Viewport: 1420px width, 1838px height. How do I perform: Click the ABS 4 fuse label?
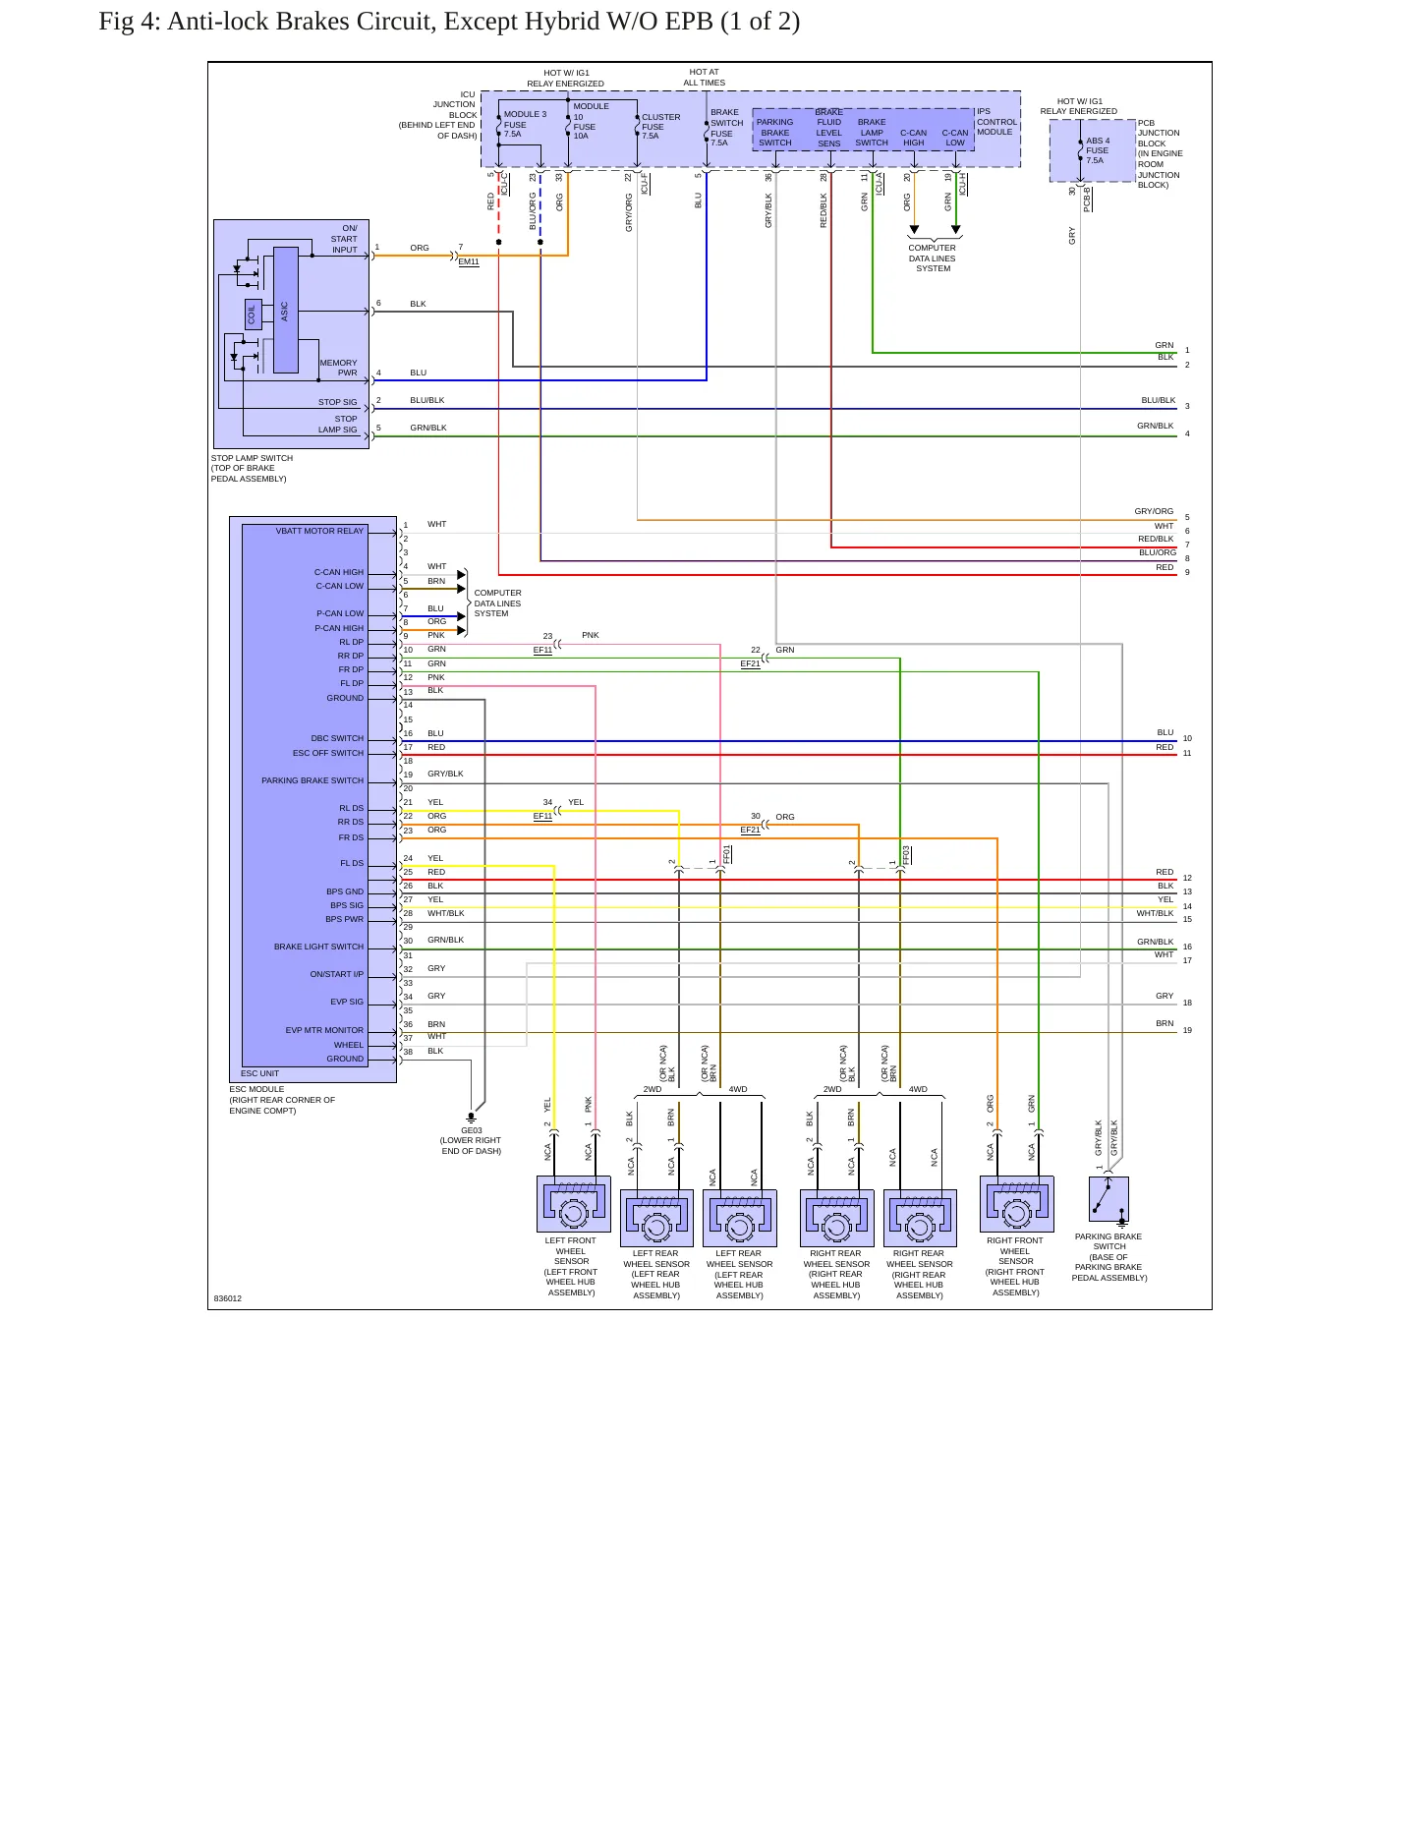[x=1098, y=150]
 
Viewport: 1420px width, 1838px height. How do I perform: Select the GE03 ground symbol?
[x=471, y=1118]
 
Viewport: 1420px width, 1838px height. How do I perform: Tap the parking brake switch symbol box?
[x=1108, y=1199]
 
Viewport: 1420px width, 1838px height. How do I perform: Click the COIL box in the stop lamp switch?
[x=253, y=314]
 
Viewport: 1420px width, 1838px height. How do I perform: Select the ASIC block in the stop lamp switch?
[x=285, y=311]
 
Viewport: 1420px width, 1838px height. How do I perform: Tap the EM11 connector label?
[x=469, y=262]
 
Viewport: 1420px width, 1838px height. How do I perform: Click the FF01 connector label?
[x=727, y=854]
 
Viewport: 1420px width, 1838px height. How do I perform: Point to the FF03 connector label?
[x=907, y=854]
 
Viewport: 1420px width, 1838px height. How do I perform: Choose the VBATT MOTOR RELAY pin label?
[x=319, y=531]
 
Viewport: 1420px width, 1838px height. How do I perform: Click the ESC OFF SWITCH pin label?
[x=328, y=753]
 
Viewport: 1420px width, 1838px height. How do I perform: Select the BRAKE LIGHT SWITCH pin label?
[x=318, y=947]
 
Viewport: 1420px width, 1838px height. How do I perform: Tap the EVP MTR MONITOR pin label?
[x=324, y=1030]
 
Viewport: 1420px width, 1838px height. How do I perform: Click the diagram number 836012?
[x=228, y=1298]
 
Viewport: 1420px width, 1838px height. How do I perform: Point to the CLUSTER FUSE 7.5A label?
[x=660, y=127]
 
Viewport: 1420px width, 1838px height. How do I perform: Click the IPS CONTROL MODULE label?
[x=996, y=122]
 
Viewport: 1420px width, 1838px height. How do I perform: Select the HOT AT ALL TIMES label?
[x=704, y=78]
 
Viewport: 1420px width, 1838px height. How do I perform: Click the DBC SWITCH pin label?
[x=337, y=738]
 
